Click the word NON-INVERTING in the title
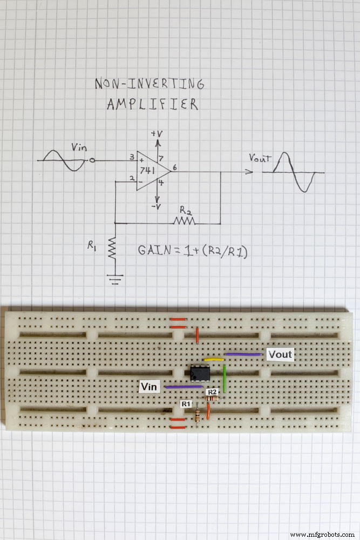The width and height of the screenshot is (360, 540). [x=150, y=84]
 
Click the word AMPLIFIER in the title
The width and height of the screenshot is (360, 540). [x=152, y=104]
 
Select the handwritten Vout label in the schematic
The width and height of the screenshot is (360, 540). [x=259, y=158]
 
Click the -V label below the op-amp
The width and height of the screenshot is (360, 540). [x=157, y=206]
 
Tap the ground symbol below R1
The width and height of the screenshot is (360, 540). [x=113, y=279]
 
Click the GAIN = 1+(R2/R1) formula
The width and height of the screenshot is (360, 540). [x=193, y=251]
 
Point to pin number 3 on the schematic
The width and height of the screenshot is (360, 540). [x=132, y=157]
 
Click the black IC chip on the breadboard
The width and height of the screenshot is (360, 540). [x=200, y=373]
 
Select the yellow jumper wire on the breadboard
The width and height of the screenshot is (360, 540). [x=214, y=359]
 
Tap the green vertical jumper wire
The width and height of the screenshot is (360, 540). [x=225, y=378]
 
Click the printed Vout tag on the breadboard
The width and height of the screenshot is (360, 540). [x=280, y=355]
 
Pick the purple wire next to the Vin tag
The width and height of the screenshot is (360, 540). [x=184, y=387]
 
